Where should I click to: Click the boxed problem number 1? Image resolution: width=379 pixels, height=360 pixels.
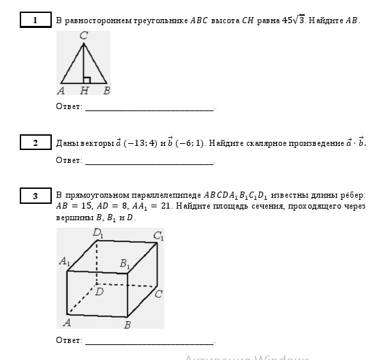pyautogui.click(x=35, y=20)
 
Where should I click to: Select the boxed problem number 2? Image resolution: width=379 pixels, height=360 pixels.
pyautogui.click(x=35, y=142)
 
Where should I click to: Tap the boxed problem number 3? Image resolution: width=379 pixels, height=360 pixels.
pyautogui.click(x=35, y=196)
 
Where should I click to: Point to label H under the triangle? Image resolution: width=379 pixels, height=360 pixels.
pyautogui.click(x=82, y=90)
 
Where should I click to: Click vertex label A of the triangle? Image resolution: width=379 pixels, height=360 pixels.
pyautogui.click(x=62, y=90)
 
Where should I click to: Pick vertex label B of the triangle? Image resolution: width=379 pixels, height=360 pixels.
pyautogui.click(x=106, y=90)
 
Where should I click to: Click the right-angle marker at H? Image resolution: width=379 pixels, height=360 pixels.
pyautogui.click(x=87, y=80)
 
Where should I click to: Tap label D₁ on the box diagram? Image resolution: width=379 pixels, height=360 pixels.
pyautogui.click(x=100, y=234)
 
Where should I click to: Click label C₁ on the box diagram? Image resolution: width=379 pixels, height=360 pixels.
pyautogui.click(x=158, y=236)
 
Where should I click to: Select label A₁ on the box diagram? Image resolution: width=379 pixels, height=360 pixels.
pyautogui.click(x=65, y=261)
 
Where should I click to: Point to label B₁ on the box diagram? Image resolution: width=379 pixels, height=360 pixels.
pyautogui.click(x=125, y=262)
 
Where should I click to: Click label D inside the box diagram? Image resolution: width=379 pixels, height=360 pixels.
pyautogui.click(x=99, y=291)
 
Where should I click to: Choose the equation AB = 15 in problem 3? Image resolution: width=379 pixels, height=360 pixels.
pyautogui.click(x=72, y=205)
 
